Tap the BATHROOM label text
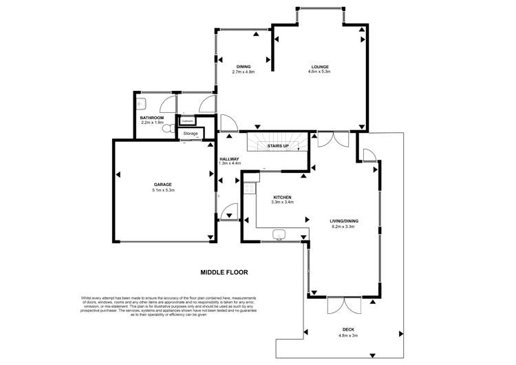(x=151, y=117)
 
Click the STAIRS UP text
(x=277, y=147)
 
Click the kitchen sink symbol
(x=279, y=233)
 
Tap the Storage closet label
(x=191, y=133)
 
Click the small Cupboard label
(x=187, y=121)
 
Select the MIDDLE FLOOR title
(x=224, y=272)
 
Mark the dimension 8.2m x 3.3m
(x=345, y=226)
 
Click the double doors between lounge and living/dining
(x=333, y=140)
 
